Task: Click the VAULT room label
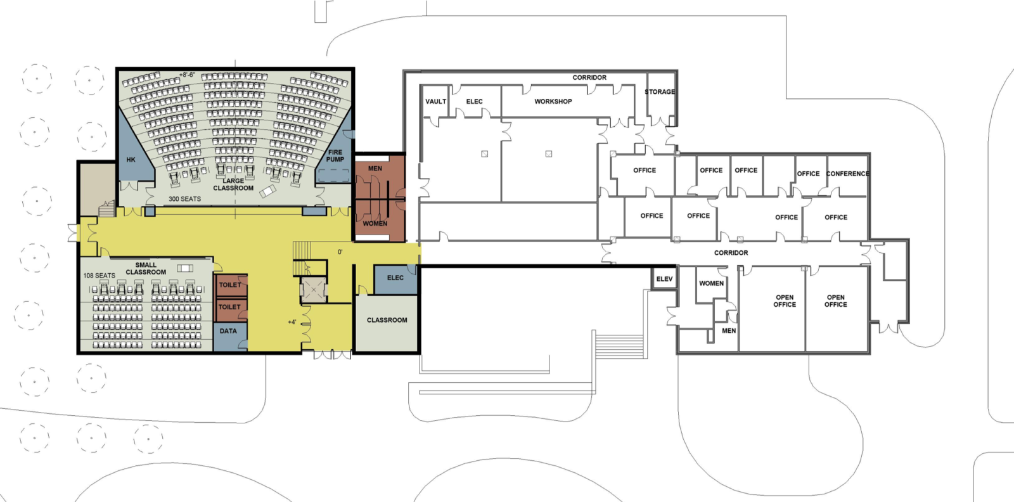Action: [435, 101]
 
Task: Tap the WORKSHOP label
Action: [553, 101]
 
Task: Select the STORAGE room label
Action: [660, 92]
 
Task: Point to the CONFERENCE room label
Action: [847, 174]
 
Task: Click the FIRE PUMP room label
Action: [335, 156]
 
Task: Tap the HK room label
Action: [131, 160]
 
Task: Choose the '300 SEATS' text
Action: [184, 199]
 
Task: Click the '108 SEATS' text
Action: [99, 276]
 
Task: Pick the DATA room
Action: [228, 331]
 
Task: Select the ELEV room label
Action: [664, 279]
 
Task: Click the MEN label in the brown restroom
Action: [375, 169]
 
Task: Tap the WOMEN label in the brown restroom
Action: [375, 224]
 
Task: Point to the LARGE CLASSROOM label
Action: [233, 184]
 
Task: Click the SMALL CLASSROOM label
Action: [146, 269]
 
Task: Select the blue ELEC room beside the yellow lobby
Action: [395, 278]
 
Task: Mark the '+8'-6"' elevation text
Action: [187, 75]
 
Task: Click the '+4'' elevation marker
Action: [292, 322]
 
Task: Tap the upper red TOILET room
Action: [230, 285]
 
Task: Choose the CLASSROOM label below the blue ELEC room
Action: [387, 320]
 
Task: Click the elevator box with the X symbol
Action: [313, 290]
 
